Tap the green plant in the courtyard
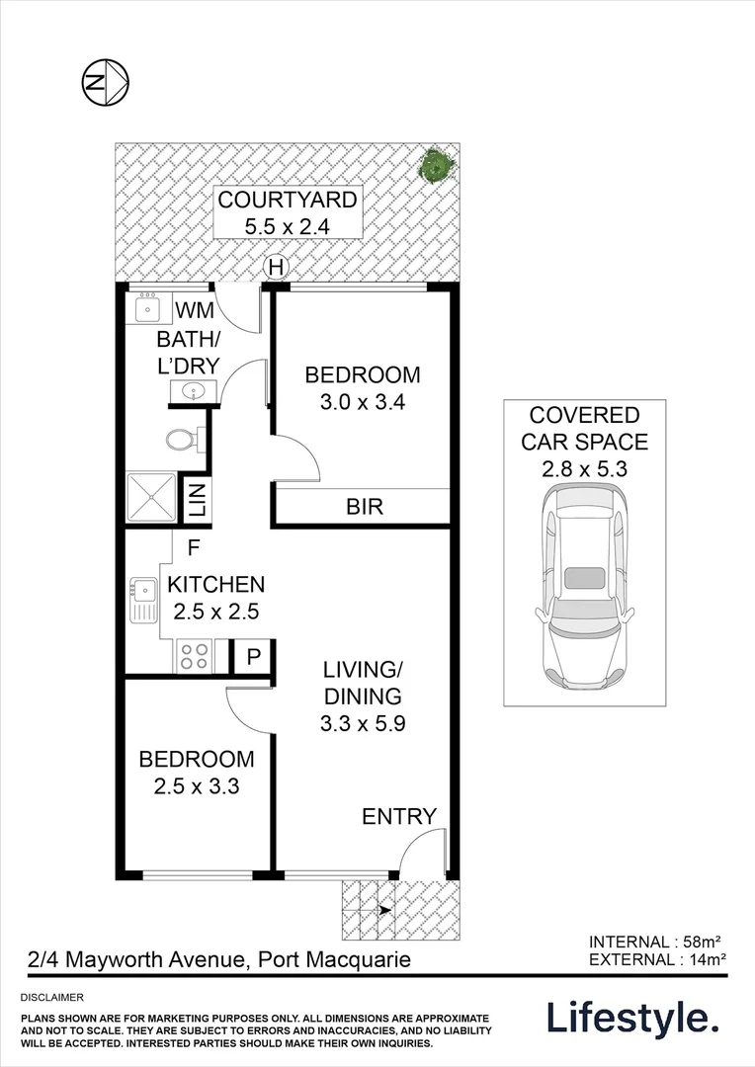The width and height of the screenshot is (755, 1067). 435,165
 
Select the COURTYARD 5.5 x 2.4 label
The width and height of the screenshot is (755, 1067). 288,212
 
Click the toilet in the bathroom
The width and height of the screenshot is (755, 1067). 183,438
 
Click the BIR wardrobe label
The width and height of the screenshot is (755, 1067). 364,508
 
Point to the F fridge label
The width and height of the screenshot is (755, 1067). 194,545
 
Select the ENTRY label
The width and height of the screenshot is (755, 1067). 398,816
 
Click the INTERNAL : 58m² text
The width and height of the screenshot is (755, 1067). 658,941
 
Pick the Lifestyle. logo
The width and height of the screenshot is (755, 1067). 632,1018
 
